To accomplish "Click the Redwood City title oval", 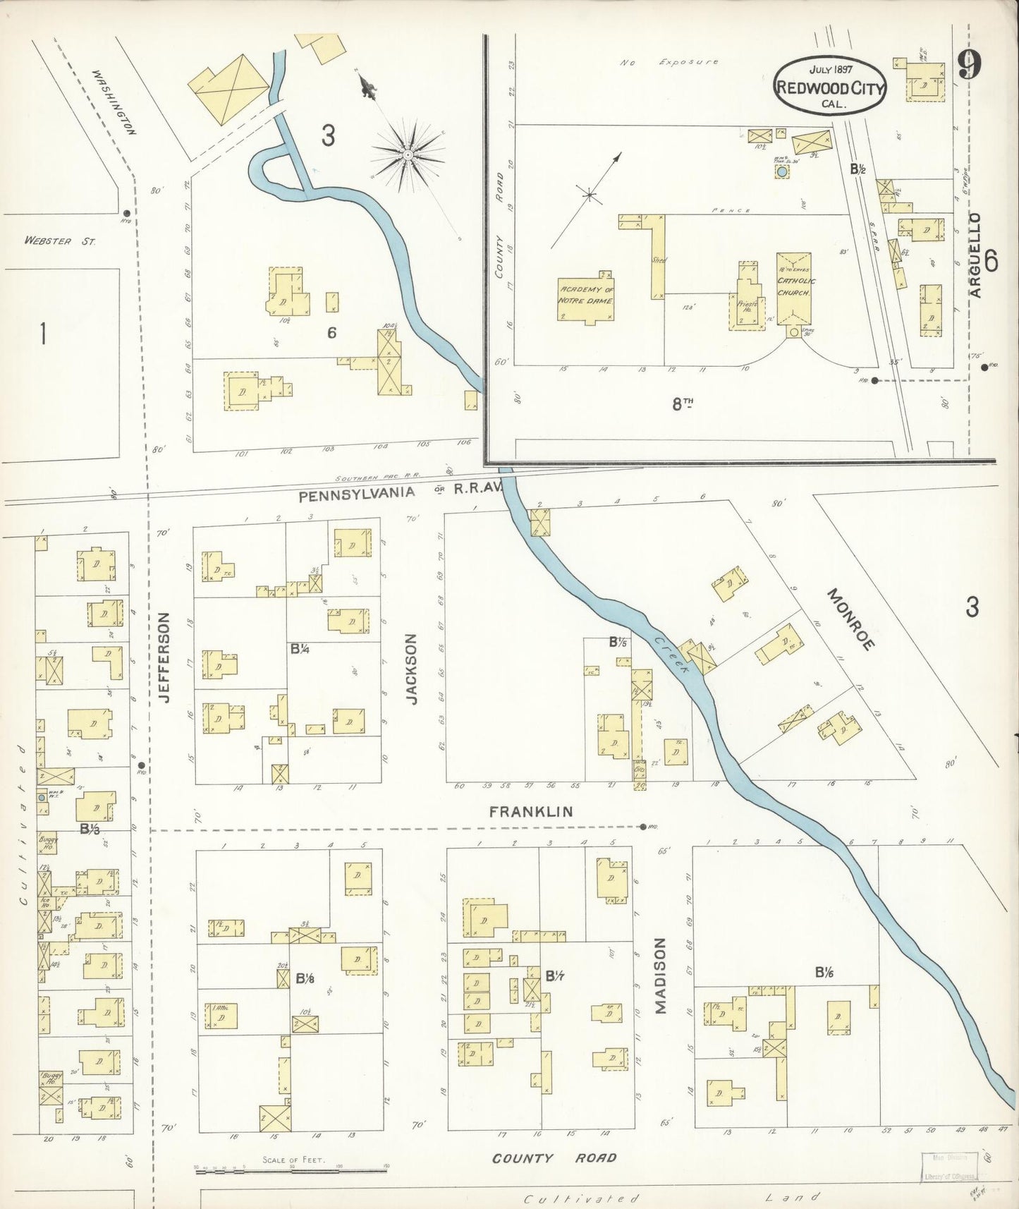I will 829,83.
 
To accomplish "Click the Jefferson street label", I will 165,657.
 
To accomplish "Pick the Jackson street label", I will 413,668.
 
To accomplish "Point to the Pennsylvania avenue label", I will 356,495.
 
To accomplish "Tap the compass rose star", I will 408,153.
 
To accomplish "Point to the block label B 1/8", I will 305,978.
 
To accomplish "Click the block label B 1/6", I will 824,972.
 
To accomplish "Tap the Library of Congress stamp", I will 949,1168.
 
